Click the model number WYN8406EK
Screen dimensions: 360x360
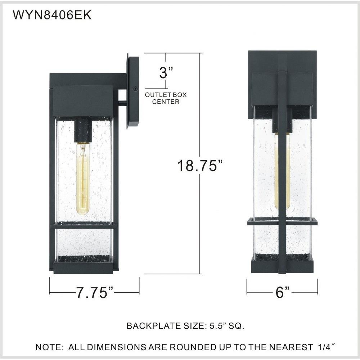52,15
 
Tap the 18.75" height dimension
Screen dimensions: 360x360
200,165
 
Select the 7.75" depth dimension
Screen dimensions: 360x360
95,292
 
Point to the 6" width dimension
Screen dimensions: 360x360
283,292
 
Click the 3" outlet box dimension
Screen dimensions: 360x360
166,73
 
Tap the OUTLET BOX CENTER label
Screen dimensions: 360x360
166,98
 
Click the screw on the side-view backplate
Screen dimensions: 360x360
135,89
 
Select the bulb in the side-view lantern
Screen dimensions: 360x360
83,179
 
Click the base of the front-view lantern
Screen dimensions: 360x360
282,266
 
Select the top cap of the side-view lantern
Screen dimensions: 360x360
83,101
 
